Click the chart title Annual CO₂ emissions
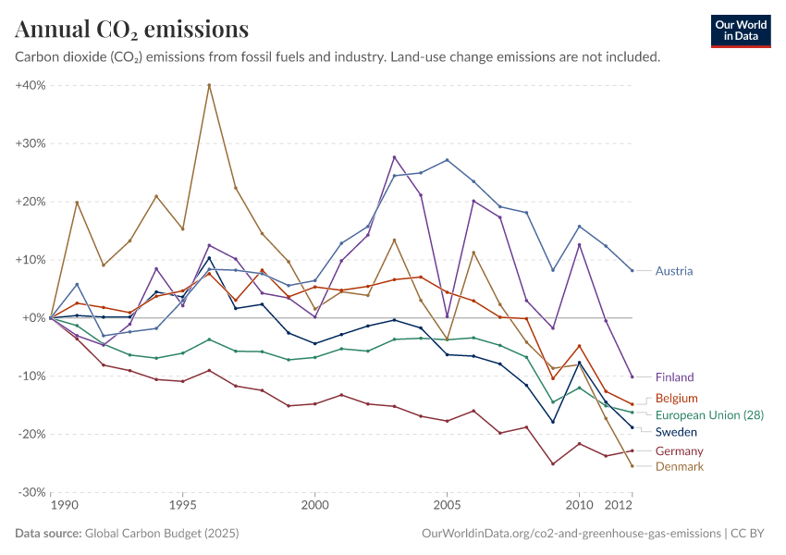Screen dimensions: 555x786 tap(131, 30)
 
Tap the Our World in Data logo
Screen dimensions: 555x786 tap(741, 31)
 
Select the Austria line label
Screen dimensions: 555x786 tap(674, 271)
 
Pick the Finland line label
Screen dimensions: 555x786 tap(674, 377)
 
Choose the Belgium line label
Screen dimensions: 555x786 tap(676, 399)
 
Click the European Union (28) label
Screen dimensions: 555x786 tap(709, 415)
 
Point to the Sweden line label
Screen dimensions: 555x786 tap(676, 432)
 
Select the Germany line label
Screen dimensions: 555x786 tap(679, 451)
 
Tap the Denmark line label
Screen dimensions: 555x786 tap(679, 466)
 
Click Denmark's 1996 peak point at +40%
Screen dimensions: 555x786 tap(209, 85)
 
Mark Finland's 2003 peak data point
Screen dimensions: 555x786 tap(394, 157)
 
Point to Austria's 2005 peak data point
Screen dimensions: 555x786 tap(447, 160)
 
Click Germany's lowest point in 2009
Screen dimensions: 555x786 tap(552, 463)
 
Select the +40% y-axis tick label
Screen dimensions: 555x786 tap(31, 85)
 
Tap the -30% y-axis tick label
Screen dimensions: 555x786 tap(31, 492)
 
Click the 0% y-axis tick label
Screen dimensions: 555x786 tap(34, 318)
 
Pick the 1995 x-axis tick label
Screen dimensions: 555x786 tap(183, 507)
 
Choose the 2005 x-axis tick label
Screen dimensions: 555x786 tap(447, 507)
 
